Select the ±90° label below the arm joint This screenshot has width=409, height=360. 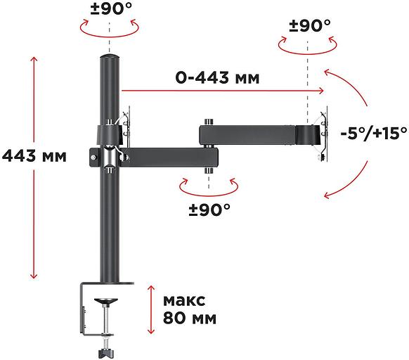click(209, 209)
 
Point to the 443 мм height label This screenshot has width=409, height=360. click(34, 156)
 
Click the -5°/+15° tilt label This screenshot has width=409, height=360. click(374, 133)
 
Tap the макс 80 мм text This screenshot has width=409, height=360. click(188, 309)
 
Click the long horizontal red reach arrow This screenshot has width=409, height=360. click(221, 90)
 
